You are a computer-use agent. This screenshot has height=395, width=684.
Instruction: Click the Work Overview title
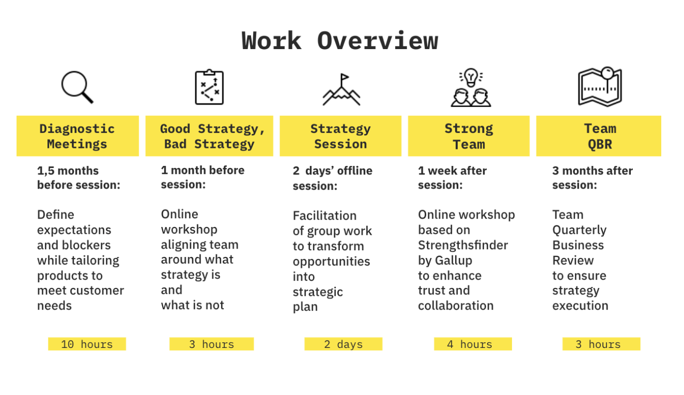click(339, 41)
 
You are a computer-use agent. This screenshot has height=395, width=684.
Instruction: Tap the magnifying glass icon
click(77, 87)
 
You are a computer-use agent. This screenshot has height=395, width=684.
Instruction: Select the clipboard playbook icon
click(209, 87)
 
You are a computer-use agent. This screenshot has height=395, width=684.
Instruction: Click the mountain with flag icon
click(341, 89)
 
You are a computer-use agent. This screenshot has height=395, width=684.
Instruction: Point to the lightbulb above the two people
click(471, 77)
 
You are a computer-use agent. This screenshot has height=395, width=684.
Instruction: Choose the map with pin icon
click(600, 86)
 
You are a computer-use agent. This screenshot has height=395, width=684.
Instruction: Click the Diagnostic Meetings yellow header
click(77, 136)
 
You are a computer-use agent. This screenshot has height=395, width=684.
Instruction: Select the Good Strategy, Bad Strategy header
click(209, 136)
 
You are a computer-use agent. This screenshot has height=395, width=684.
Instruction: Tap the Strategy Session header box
click(340, 136)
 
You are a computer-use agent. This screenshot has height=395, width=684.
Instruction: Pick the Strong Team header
click(469, 136)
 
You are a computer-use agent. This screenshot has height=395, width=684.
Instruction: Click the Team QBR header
click(599, 136)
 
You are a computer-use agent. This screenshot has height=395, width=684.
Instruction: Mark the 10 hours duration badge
click(87, 344)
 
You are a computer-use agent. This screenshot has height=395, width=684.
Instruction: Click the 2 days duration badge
click(343, 344)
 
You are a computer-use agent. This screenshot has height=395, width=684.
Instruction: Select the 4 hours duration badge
click(473, 344)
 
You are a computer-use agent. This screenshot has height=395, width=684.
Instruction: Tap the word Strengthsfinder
click(463, 245)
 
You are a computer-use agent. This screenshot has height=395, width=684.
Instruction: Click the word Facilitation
click(324, 216)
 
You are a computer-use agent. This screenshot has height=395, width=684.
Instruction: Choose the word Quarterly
click(579, 231)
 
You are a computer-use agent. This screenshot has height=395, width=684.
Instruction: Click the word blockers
click(86, 245)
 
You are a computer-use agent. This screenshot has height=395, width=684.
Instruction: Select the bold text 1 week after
click(452, 171)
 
